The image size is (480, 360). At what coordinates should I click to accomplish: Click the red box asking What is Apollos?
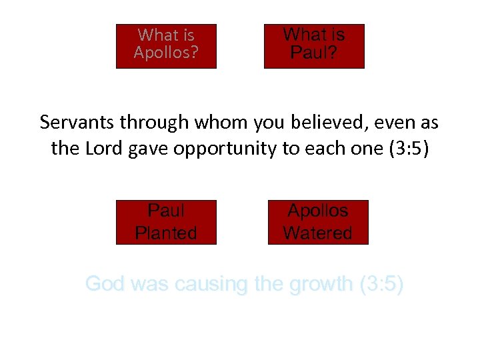coord(166,46)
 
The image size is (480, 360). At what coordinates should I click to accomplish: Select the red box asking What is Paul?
coord(314,46)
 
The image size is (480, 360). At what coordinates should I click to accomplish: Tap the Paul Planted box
coord(166,222)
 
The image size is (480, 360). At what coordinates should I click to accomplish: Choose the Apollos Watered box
coord(318,222)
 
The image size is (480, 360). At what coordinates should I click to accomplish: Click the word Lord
coord(100,148)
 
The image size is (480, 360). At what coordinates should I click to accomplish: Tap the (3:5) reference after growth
coord(381,285)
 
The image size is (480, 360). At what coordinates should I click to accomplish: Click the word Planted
coord(166,233)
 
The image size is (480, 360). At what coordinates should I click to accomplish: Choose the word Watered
coord(318,233)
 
